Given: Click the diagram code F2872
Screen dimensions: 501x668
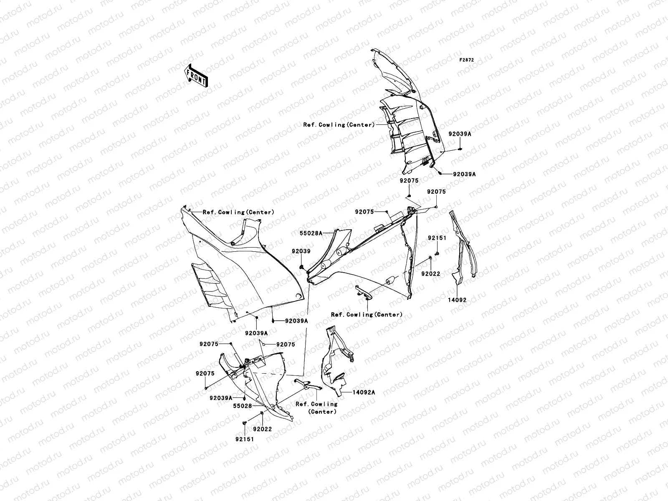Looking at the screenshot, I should (467, 60).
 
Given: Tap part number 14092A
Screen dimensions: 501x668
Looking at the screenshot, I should (363, 392).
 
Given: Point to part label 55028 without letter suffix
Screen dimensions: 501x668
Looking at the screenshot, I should (242, 406).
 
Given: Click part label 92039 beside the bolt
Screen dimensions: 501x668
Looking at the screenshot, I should (301, 251).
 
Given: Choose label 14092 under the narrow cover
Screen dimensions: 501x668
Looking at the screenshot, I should (458, 300).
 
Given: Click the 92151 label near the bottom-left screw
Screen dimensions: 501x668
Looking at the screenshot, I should (244, 439).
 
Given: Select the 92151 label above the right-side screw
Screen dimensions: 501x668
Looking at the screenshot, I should (437, 238).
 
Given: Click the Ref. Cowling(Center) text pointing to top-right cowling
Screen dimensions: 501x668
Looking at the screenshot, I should (339, 125).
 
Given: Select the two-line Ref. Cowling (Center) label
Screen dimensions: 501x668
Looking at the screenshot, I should (316, 407).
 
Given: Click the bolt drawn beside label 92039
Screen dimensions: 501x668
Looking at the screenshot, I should (301, 266).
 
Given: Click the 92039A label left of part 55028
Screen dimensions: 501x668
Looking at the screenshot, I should (221, 398).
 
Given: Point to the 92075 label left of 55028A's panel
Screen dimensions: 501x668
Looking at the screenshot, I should (364, 212).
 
